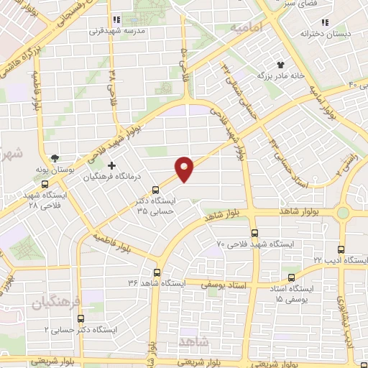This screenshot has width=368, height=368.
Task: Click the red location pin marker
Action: tap(185, 168)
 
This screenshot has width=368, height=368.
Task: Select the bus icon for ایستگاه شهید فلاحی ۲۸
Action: tap(45, 183)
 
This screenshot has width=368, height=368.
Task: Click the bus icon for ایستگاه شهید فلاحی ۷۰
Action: tap(254, 233)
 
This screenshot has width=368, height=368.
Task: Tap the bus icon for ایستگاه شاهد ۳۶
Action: tap(157, 272)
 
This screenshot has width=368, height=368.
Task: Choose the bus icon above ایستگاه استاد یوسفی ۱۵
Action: tap(290, 277)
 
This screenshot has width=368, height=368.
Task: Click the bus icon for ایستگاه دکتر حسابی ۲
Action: tap(79, 317)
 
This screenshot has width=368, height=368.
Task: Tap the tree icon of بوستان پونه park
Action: tap(56, 158)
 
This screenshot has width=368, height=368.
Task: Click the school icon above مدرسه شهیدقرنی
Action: tap(116, 20)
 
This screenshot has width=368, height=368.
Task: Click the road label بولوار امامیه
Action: tap(323, 101)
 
